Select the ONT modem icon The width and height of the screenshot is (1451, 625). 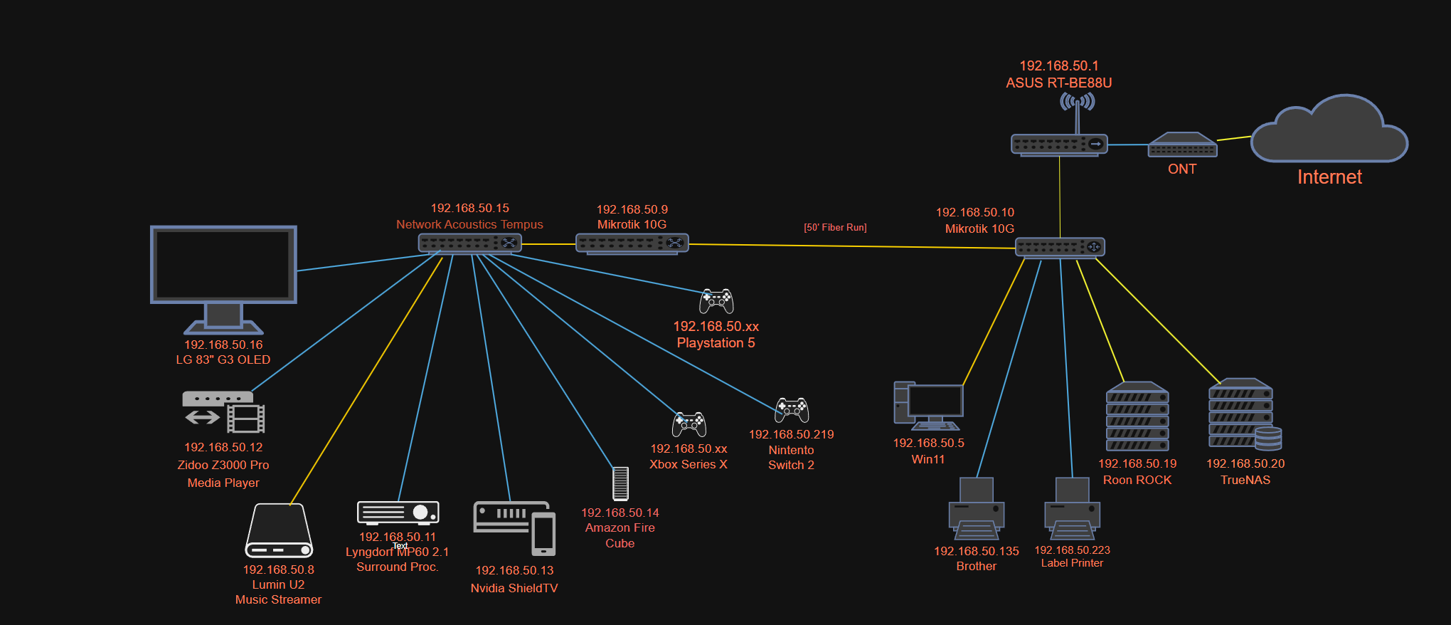pos(1182,145)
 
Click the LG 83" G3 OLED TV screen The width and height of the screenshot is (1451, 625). pos(223,265)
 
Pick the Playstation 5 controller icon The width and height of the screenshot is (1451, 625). pos(716,301)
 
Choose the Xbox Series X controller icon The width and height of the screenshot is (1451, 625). pos(689,424)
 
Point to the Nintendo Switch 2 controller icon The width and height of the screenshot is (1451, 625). pos(792,409)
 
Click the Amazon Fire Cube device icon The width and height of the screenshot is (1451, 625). pos(620,483)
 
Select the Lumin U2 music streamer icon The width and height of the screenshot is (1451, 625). pos(279,531)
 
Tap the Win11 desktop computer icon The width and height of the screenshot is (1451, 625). pos(928,406)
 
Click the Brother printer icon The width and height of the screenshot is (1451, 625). pos(976,510)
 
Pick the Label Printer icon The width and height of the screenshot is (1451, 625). pos(1072,510)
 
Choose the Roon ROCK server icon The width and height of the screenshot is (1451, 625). pos(1137,417)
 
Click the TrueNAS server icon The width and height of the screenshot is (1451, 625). pos(1244,415)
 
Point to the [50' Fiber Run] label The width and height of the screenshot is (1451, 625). pos(835,228)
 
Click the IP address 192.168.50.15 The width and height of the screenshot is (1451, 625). pos(469,208)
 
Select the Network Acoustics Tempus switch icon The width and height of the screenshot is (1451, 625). pos(469,243)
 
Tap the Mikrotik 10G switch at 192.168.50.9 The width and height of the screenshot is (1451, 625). pos(632,244)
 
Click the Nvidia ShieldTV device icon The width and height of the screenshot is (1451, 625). pos(514,527)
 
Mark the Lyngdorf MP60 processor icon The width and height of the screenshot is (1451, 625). pos(398,513)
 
